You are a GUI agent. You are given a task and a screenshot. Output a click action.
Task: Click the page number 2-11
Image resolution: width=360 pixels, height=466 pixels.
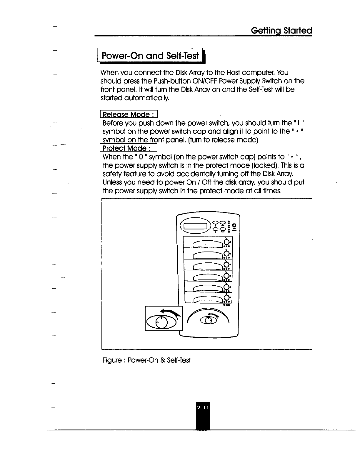click(x=203, y=408)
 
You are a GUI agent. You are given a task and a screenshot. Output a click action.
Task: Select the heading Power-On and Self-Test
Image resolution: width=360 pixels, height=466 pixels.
click(x=150, y=56)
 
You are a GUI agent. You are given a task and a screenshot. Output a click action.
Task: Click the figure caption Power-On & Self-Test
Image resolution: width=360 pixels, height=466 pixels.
click(x=147, y=360)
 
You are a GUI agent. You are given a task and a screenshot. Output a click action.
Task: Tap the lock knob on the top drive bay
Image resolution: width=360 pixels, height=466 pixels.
click(x=226, y=242)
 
